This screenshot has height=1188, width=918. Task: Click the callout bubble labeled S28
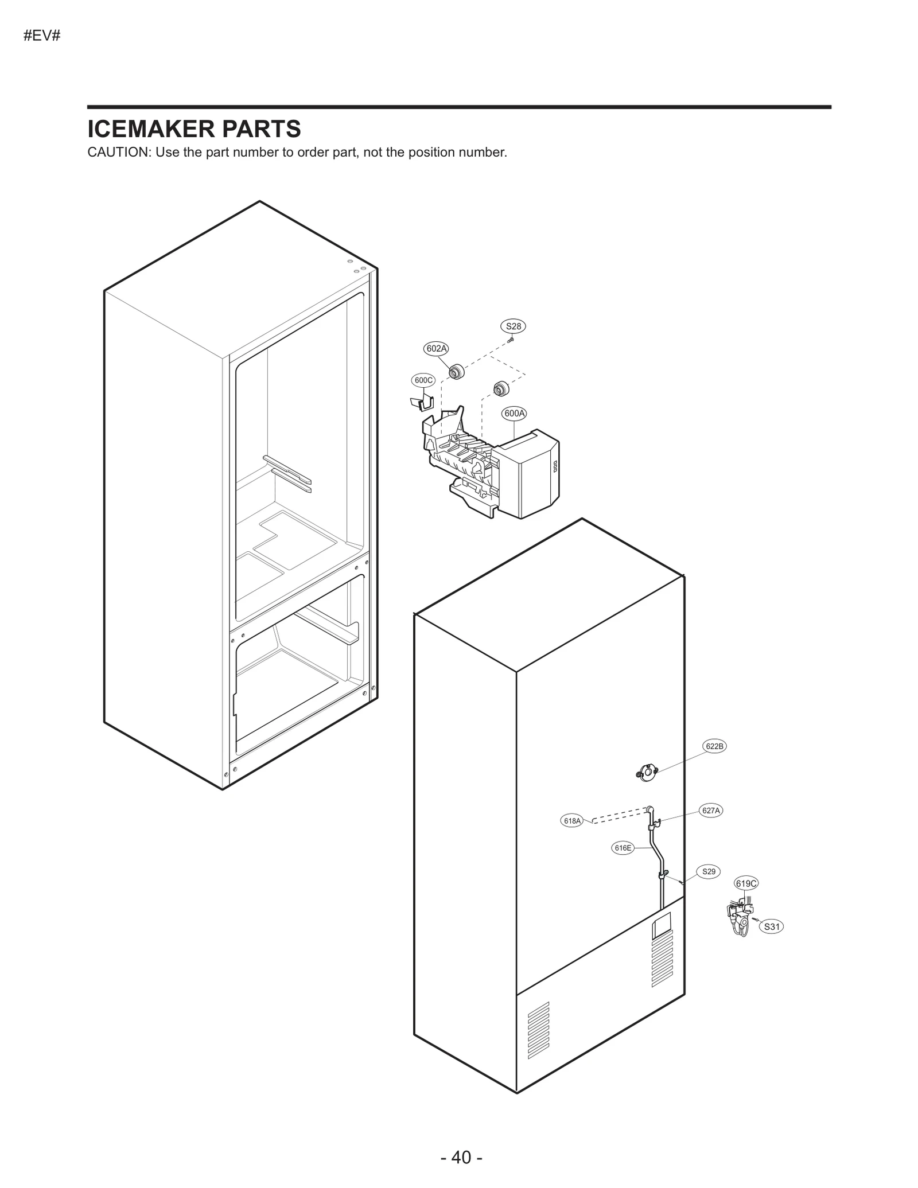[x=513, y=326]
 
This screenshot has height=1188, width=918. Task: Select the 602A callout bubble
[x=437, y=348]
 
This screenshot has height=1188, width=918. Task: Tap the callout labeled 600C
[x=423, y=380]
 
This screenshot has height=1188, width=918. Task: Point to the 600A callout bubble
[x=514, y=413]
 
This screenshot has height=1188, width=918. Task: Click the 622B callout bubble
[x=714, y=746]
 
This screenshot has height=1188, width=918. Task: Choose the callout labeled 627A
[x=711, y=810]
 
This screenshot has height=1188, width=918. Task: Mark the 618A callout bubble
[x=572, y=821]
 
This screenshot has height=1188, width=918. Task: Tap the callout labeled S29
[x=709, y=871]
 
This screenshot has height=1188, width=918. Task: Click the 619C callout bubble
[x=746, y=883]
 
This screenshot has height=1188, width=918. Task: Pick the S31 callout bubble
[x=772, y=926]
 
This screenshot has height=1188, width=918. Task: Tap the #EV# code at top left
[x=42, y=36]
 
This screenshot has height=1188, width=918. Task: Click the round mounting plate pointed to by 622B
[x=647, y=772]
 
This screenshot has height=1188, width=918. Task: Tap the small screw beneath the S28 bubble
[x=511, y=340]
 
